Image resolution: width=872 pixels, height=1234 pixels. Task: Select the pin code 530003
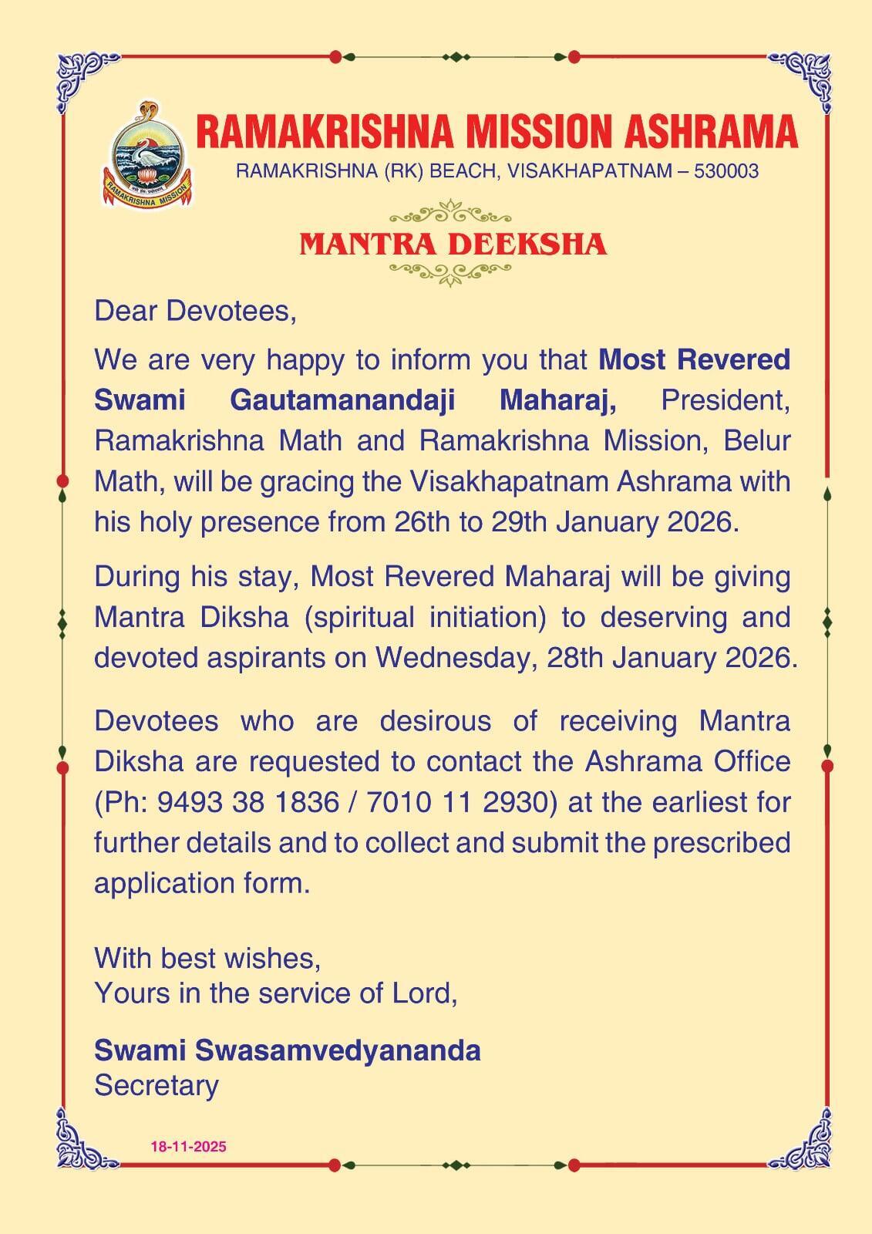[x=726, y=171]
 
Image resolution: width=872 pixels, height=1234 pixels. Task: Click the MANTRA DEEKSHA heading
[x=453, y=244]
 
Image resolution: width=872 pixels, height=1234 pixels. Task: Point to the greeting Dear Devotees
[x=195, y=311]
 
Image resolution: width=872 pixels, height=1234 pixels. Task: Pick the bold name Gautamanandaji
[x=342, y=400]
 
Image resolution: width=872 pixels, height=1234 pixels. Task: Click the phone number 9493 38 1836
[x=247, y=802]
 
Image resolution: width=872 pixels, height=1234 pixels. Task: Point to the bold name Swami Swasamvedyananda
[x=287, y=1050]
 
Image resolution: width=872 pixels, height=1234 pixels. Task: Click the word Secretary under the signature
[x=157, y=1085]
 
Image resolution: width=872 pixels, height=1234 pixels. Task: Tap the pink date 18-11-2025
[x=188, y=1147]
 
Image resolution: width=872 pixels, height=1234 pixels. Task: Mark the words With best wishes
[x=207, y=958]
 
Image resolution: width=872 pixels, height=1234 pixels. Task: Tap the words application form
[x=201, y=883]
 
